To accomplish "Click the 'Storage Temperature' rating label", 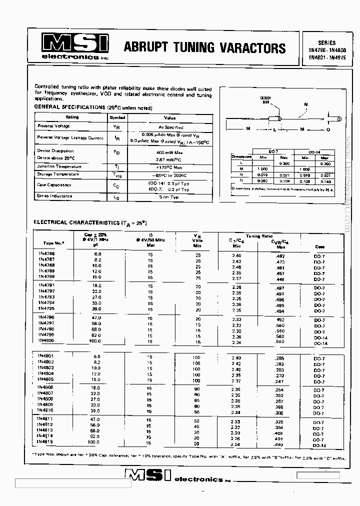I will [58, 174].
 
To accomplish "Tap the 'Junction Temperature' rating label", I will [59, 166].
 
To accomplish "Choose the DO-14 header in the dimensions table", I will [315, 151].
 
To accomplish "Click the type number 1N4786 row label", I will [46, 254].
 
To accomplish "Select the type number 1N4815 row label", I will [46, 442].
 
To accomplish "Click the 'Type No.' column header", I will [52, 243].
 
